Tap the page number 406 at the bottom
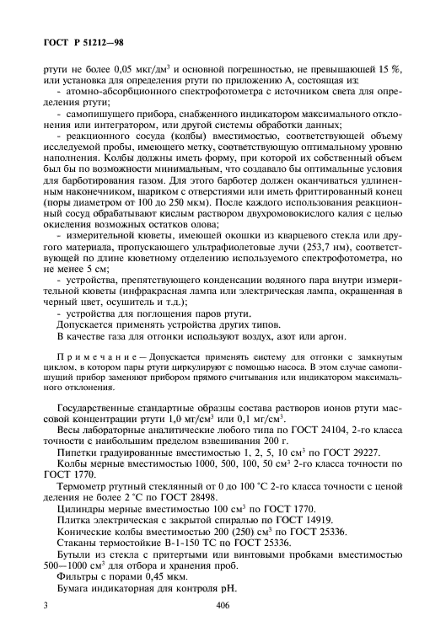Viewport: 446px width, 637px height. [x=223, y=605]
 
